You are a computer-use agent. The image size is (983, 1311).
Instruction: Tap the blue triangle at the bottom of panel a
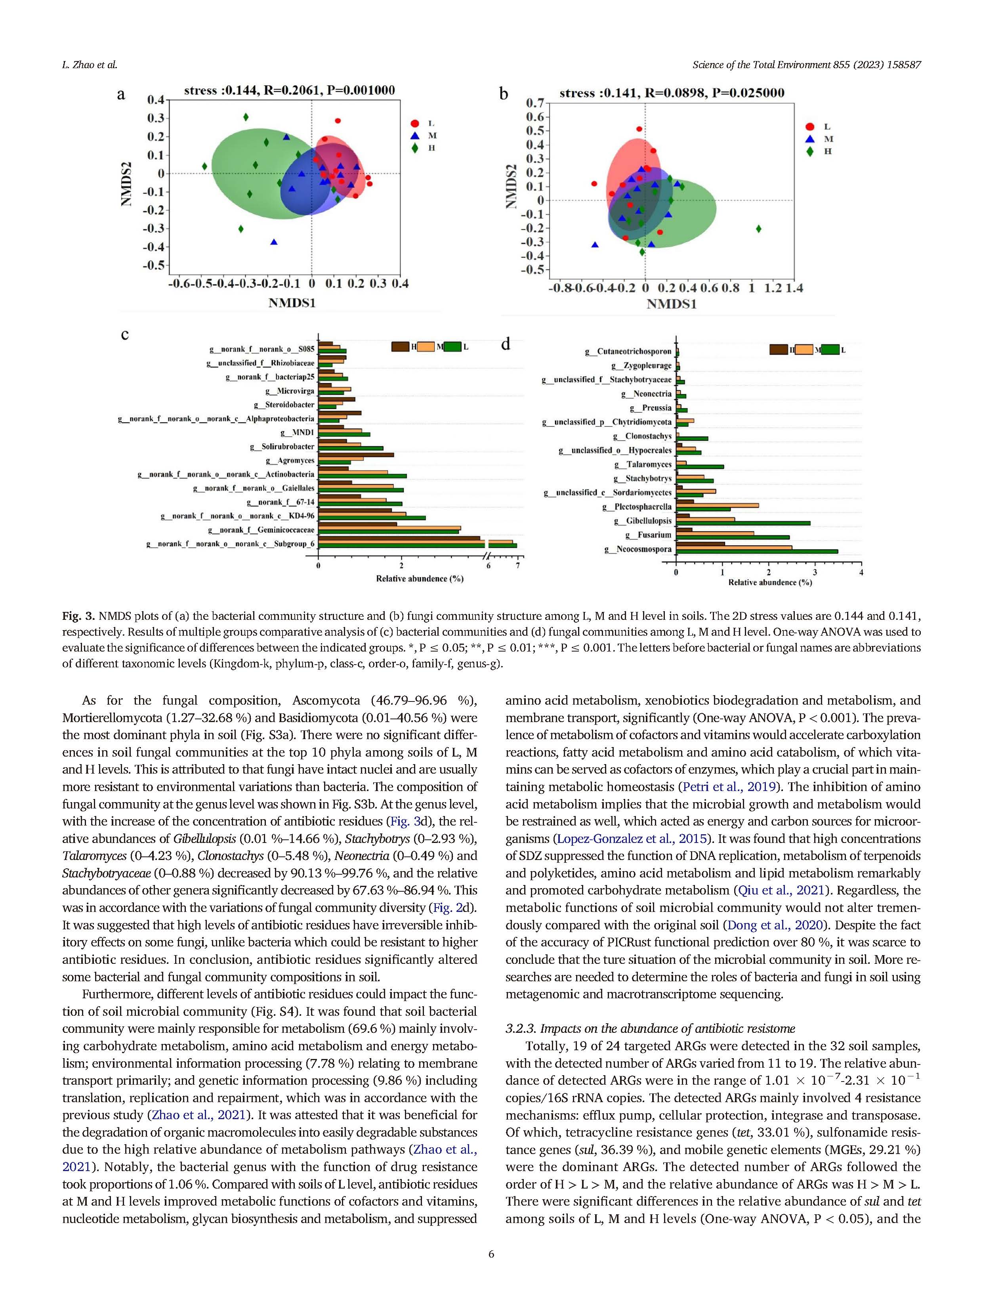click(274, 242)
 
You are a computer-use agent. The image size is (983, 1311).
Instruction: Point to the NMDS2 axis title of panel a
click(126, 184)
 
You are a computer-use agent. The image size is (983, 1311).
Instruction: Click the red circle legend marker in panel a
click(415, 123)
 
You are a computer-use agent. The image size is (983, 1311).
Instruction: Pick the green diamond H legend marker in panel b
click(809, 152)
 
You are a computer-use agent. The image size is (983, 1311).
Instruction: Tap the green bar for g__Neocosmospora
click(757, 552)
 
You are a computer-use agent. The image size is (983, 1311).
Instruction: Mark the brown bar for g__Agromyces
click(356, 455)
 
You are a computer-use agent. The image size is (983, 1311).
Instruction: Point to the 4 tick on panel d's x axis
click(861, 573)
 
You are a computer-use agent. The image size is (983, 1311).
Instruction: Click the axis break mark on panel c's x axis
click(488, 556)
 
